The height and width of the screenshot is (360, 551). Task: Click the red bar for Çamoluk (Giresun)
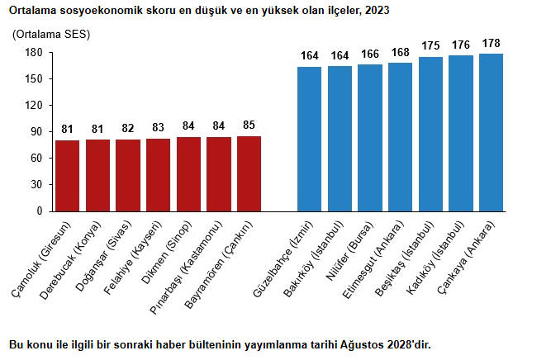(68, 175)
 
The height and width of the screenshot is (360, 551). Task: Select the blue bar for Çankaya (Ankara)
(491, 132)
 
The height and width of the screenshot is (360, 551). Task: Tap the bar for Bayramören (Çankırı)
(249, 173)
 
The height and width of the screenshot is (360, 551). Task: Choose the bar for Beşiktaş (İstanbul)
(430, 134)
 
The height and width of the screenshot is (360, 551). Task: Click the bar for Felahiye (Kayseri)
(158, 174)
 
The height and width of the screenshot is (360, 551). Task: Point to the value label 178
(491, 43)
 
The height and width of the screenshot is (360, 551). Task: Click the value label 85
(249, 126)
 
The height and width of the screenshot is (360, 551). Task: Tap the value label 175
(430, 46)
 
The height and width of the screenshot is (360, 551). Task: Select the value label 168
(400, 52)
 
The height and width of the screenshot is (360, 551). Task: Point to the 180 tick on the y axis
(34, 52)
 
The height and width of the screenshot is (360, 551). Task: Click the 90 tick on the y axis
(36, 131)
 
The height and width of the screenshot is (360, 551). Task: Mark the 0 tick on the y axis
(39, 211)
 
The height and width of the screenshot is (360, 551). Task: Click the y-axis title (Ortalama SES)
(51, 35)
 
